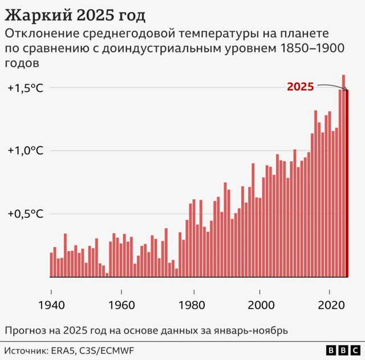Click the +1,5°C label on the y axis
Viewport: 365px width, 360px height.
tap(26, 88)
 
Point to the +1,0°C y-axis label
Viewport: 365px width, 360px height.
tap(26, 151)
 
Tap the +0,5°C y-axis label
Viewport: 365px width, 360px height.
tap(26, 214)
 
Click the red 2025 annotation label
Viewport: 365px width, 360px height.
tap(300, 87)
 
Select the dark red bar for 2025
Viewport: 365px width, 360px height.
tap(347, 183)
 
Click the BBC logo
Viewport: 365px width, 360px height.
tap(343, 350)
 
